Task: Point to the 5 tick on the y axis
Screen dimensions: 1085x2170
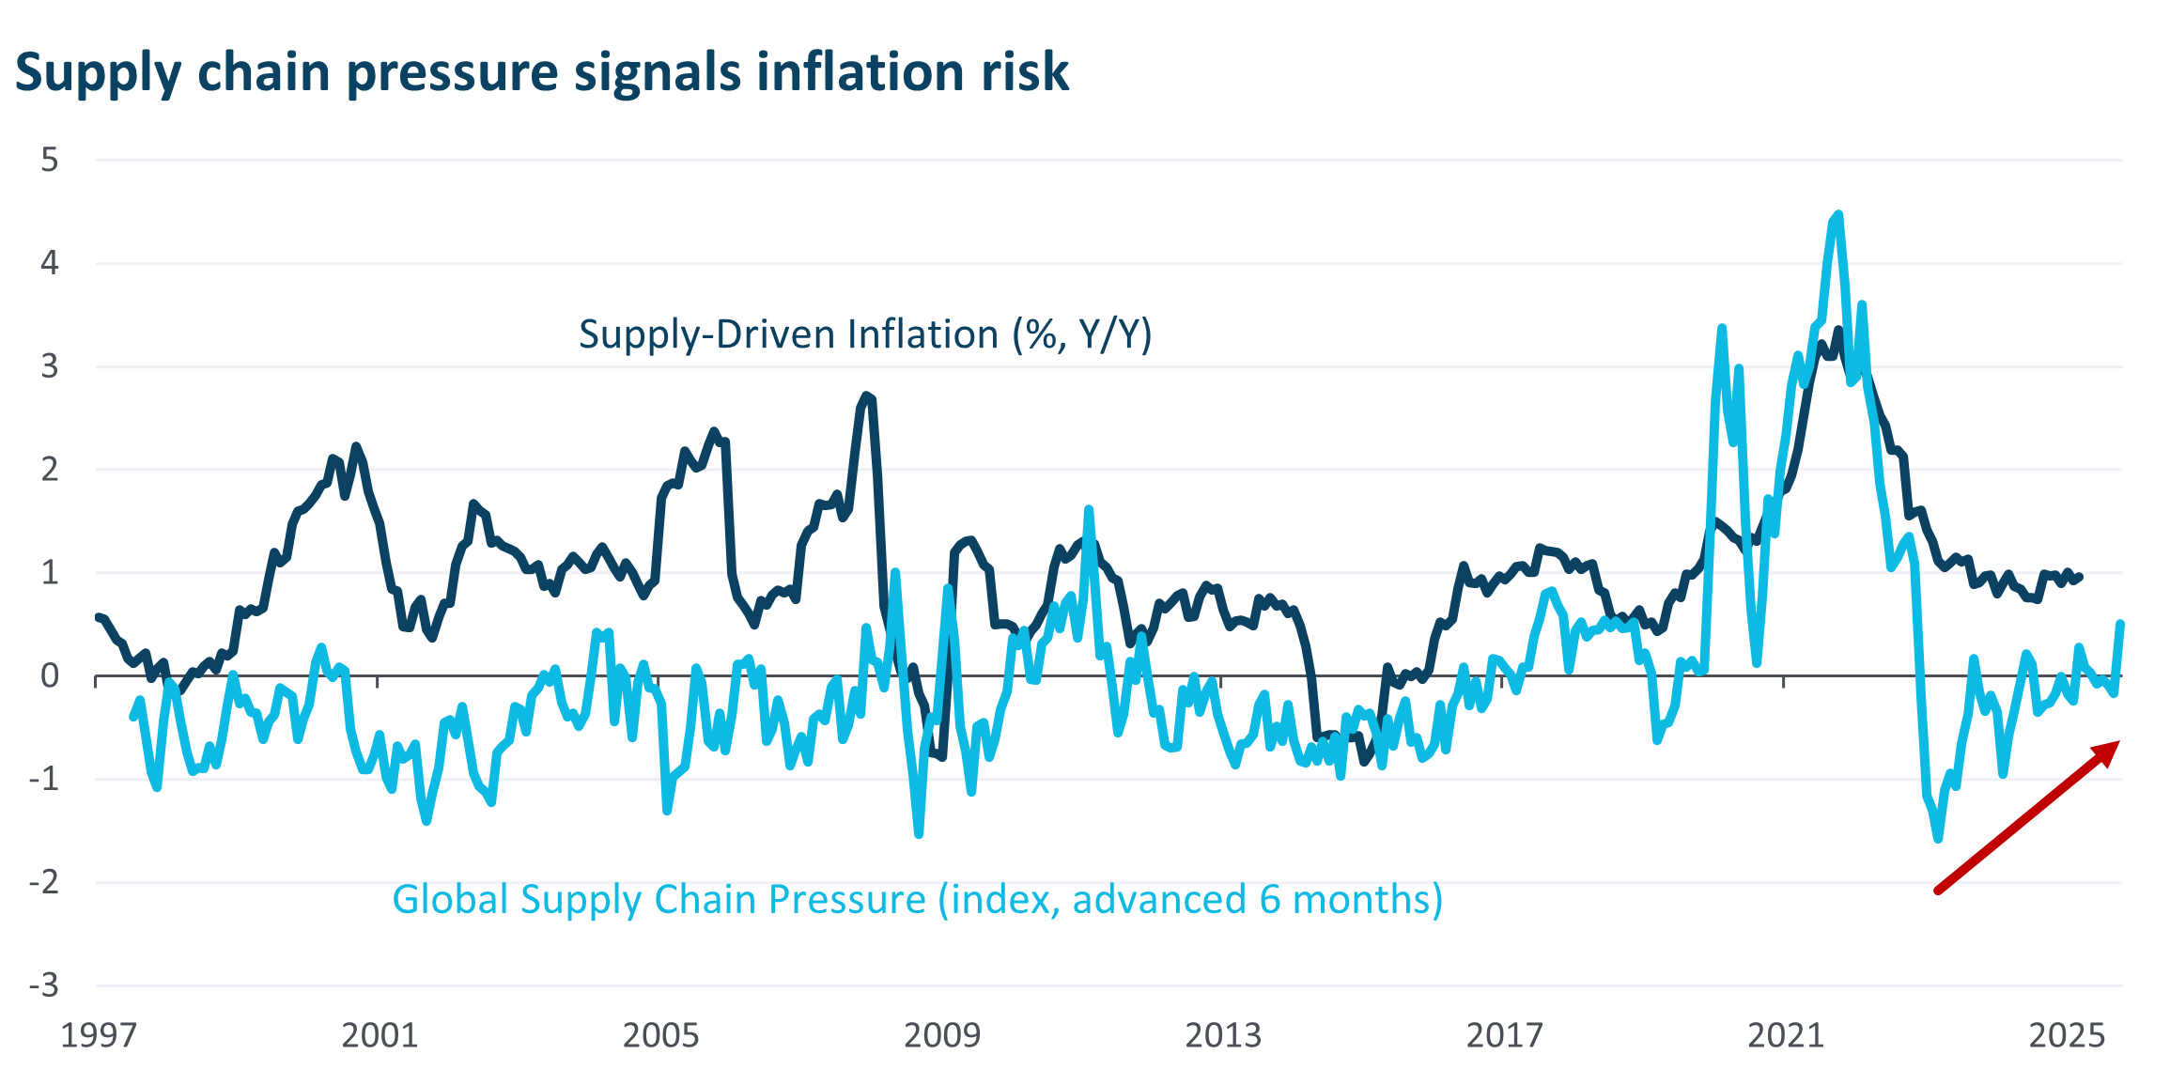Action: click(x=50, y=160)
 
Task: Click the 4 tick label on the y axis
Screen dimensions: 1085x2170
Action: click(x=50, y=263)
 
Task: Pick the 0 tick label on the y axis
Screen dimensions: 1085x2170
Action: click(x=50, y=675)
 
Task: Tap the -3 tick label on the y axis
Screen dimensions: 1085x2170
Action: click(x=43, y=985)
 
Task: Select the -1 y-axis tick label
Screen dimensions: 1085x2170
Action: click(x=43, y=779)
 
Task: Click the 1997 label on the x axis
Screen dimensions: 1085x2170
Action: click(x=98, y=1035)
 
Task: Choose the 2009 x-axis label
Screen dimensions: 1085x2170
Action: click(x=941, y=1035)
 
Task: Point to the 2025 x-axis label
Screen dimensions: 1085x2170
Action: click(x=2067, y=1035)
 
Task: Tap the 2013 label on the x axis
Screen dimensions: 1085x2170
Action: click(x=1222, y=1035)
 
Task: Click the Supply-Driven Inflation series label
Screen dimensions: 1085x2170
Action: click(x=864, y=335)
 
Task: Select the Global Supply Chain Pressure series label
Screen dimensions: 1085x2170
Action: click(x=917, y=900)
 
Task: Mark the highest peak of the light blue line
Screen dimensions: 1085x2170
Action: click(x=1838, y=214)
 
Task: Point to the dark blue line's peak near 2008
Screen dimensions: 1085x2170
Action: click(x=867, y=395)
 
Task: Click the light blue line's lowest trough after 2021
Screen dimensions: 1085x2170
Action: click(x=1938, y=839)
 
